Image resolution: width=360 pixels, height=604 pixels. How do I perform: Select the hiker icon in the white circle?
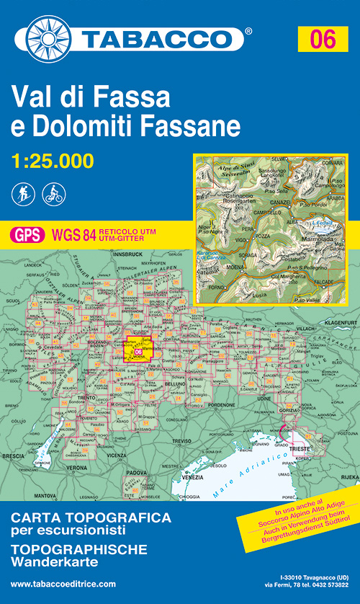pos(22,193)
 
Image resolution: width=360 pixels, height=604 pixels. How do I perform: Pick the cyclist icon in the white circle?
pos(53,193)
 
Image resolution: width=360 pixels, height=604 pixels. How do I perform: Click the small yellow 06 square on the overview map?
pos(138,351)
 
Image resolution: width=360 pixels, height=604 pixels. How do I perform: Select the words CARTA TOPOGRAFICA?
pos(91,518)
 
